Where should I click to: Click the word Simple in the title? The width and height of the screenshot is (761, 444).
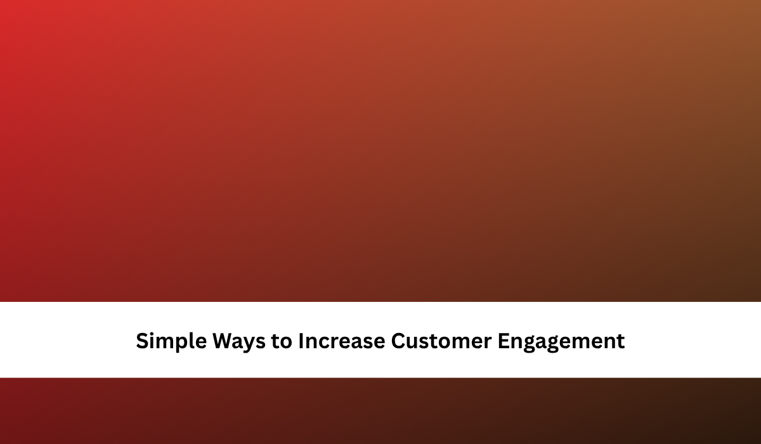coord(171,341)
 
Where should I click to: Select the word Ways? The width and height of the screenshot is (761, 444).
coord(239,341)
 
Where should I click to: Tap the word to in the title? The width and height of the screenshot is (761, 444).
coord(282,341)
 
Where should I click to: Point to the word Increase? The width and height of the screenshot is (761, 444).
coord(342,341)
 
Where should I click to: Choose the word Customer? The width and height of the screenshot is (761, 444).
coord(441,341)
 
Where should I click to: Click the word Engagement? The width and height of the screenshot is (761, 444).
coord(561,341)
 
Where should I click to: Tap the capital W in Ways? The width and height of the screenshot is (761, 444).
coord(225,341)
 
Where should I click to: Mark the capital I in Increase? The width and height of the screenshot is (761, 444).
coord(301,341)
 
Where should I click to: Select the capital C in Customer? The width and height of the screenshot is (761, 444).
coord(398,341)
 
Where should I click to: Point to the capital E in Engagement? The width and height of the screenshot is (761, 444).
coord(504,341)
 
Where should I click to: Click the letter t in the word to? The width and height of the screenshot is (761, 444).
coord(275,341)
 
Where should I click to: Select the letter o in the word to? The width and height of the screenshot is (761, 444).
coord(287,343)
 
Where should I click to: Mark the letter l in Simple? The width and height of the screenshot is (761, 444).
coord(193,341)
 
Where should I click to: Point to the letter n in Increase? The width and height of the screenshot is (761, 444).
coord(311,343)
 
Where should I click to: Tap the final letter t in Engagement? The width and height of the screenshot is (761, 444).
coord(620,341)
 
